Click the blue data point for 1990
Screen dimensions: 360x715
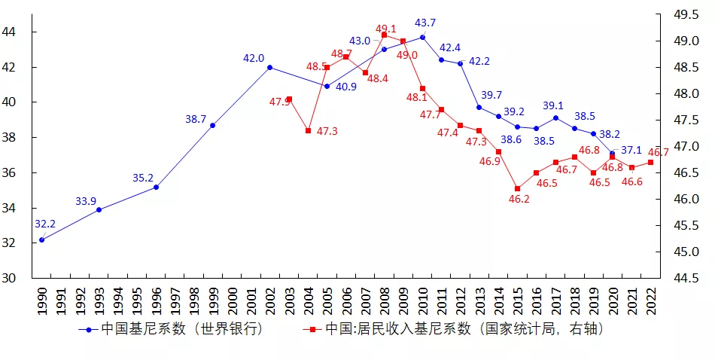41,240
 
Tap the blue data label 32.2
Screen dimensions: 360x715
45,224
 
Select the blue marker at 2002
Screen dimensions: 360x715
269,67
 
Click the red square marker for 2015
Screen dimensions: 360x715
517,188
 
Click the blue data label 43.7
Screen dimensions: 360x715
425,23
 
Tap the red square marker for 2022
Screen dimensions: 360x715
650,162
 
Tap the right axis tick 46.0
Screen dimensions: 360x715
686,199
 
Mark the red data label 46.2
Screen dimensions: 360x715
519,200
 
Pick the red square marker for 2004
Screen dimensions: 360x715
308,130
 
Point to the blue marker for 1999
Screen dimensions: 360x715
212,125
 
